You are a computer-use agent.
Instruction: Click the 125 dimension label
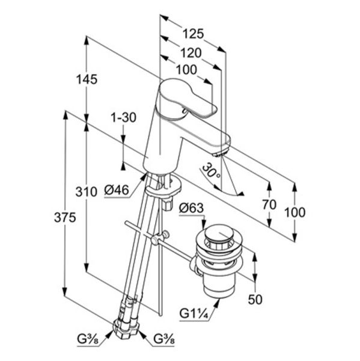tap(193, 34)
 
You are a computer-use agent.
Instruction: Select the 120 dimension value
tap(191, 53)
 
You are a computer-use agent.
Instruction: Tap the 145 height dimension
tap(87, 79)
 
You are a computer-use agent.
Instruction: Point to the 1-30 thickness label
tap(124, 117)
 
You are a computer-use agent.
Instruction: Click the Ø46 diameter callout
tap(117, 190)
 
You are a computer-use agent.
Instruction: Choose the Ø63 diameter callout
tap(191, 208)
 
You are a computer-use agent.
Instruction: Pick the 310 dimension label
tap(87, 192)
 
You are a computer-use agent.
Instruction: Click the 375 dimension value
tap(65, 218)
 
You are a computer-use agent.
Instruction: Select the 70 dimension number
tap(269, 205)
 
